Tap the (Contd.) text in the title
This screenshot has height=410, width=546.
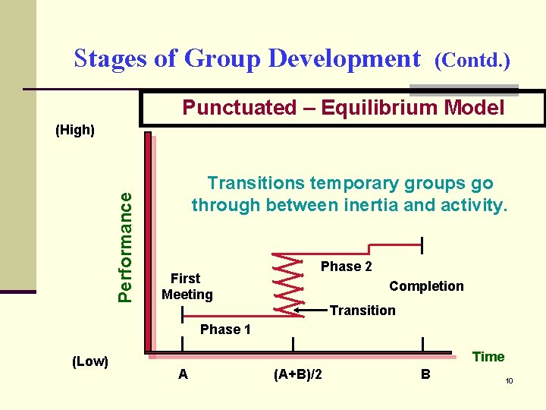click(471, 60)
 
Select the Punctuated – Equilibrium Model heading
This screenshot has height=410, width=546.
click(343, 108)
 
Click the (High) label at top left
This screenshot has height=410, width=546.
click(75, 130)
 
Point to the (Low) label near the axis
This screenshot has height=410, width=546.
click(89, 361)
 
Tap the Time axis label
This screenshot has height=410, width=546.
click(488, 357)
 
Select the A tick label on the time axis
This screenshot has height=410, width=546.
click(183, 374)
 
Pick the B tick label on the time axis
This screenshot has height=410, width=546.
click(425, 374)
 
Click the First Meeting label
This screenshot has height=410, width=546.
click(187, 286)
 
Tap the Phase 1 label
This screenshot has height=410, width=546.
click(224, 329)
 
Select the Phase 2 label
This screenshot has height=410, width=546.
click(346, 266)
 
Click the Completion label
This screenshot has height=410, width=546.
click(426, 286)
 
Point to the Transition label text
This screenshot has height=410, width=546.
click(362, 310)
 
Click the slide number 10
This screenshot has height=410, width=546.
click(510, 380)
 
